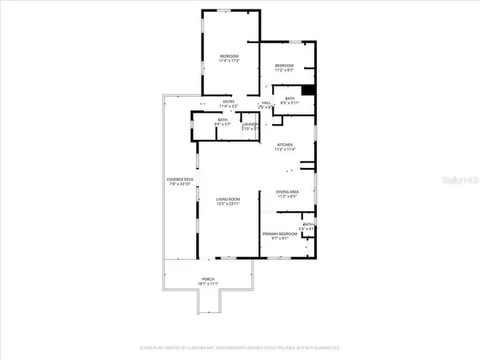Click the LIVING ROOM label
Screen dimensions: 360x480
point(228,199)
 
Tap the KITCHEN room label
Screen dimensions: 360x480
point(285,144)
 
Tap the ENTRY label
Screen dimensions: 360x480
point(229,102)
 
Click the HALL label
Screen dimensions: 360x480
point(266,102)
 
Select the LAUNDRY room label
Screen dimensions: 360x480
point(250,124)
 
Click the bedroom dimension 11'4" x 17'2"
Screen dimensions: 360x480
point(230,60)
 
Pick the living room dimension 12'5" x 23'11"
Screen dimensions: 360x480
point(228,204)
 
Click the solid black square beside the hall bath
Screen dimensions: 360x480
point(308,91)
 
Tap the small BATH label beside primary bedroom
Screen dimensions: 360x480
point(307,225)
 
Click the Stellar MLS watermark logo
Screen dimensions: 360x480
point(460,181)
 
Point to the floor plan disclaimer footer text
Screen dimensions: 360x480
point(239,349)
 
